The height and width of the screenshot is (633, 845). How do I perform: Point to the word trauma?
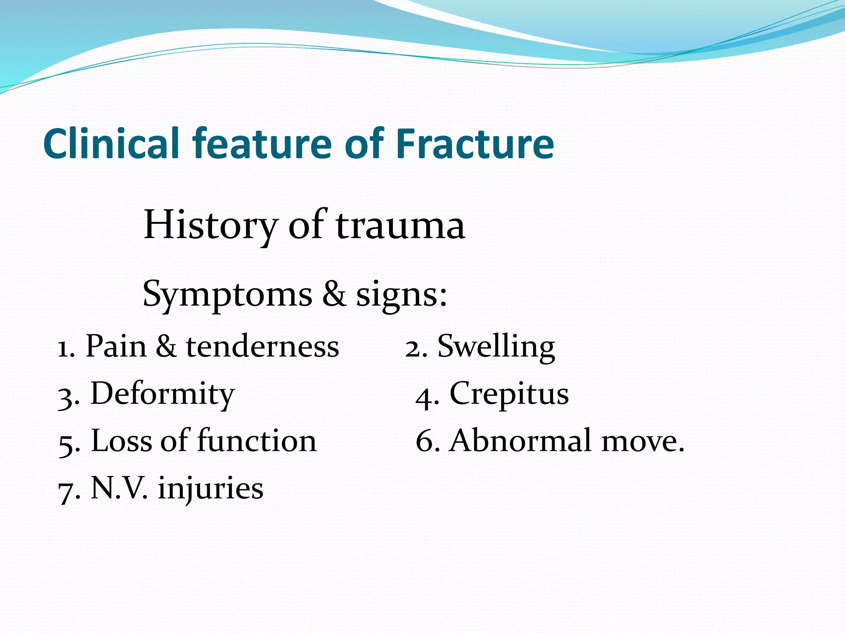pyautogui.click(x=400, y=225)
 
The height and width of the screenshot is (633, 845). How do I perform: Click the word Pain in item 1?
pyautogui.click(x=116, y=346)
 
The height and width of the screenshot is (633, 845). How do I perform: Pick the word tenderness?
pyautogui.click(x=262, y=346)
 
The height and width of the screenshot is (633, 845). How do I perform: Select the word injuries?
pyautogui.click(x=210, y=489)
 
